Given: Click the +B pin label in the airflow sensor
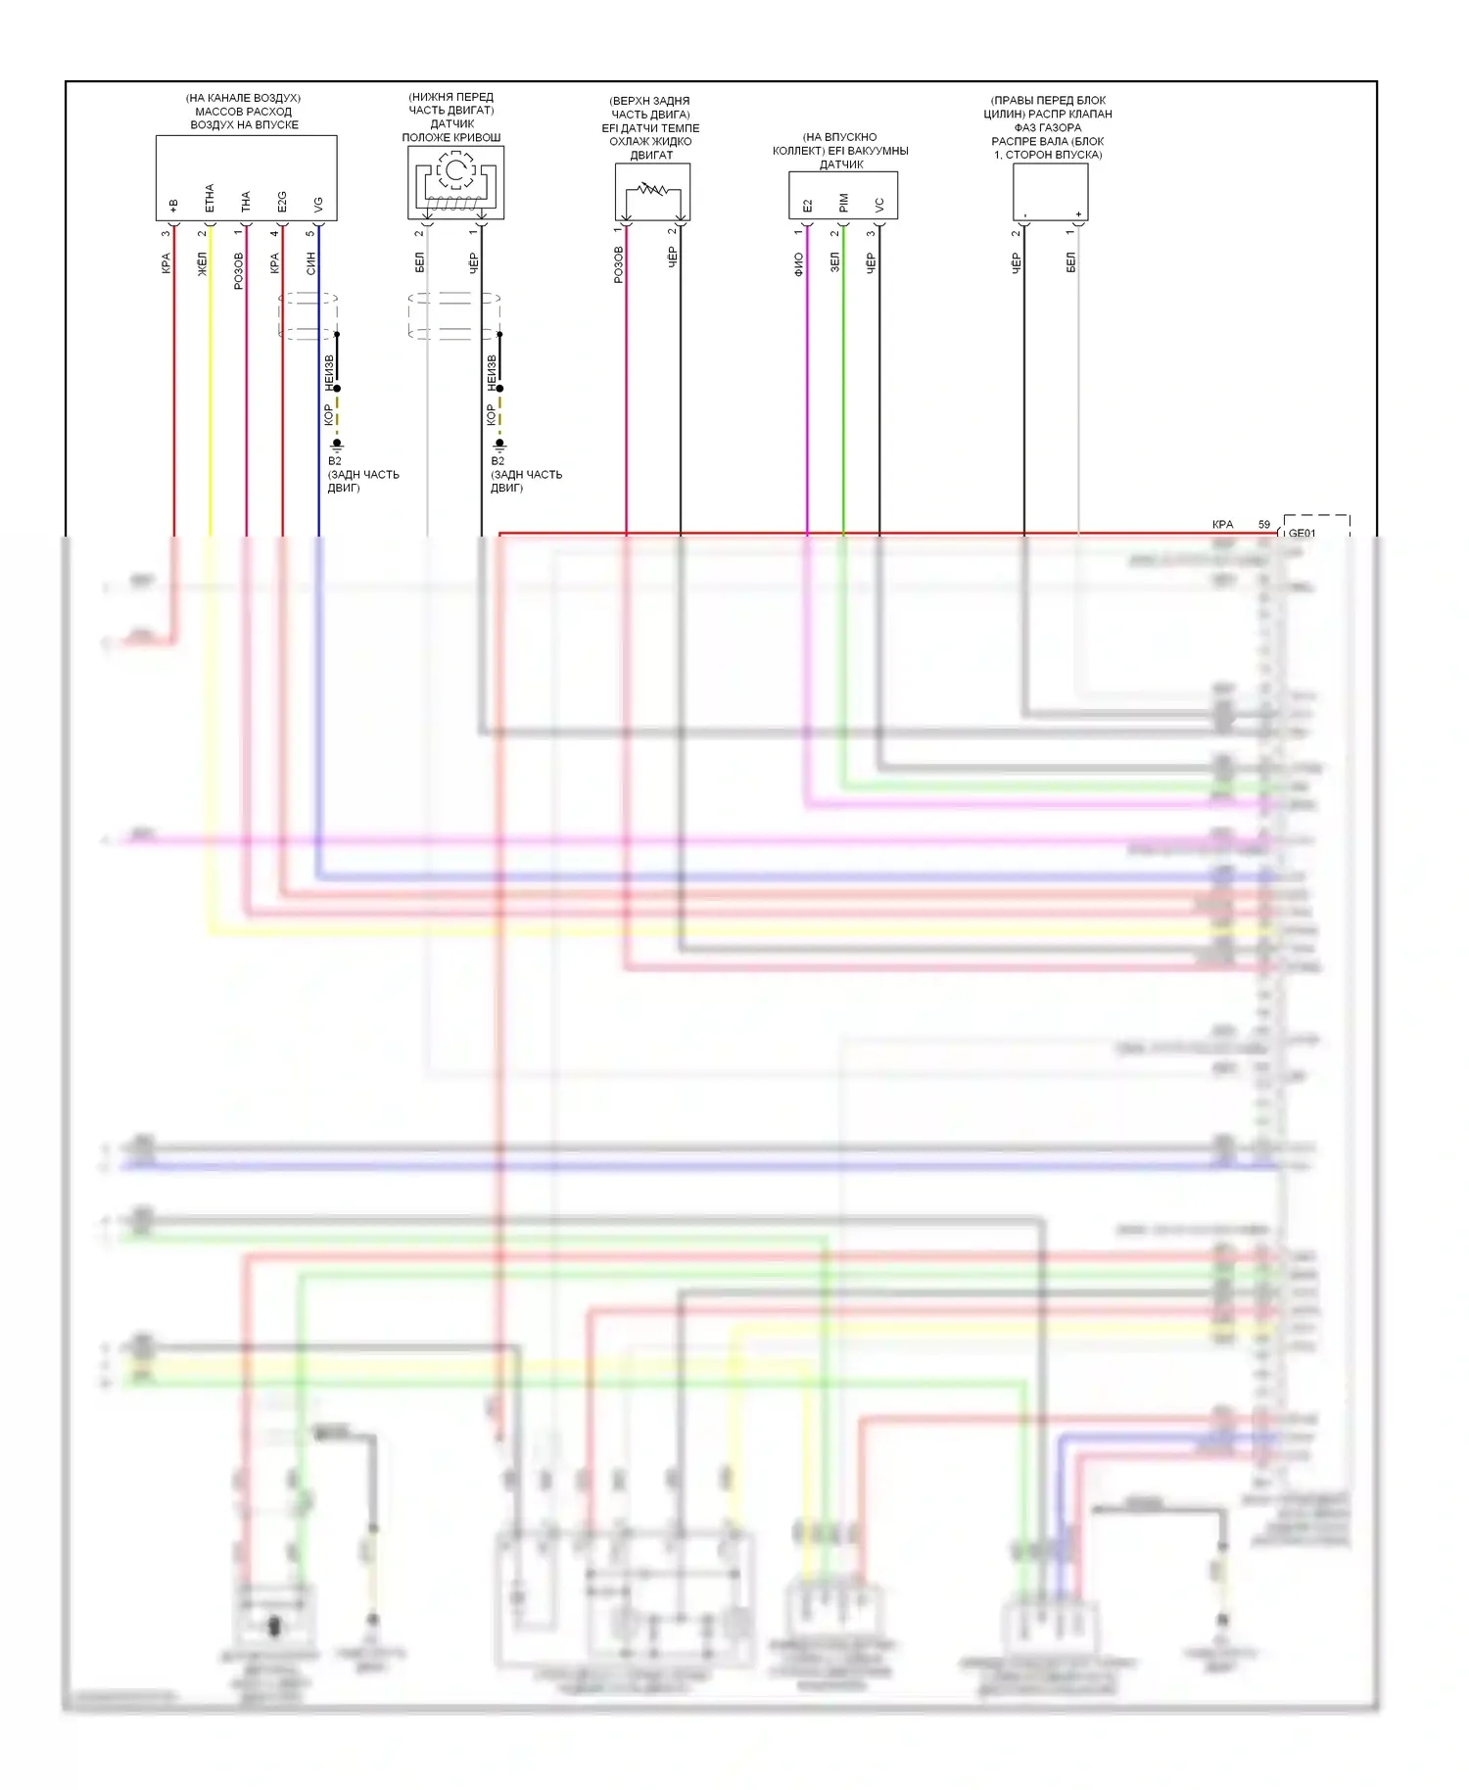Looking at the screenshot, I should point(173,206).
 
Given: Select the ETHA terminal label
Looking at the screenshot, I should point(210,199).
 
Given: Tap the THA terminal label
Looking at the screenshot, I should point(246,202).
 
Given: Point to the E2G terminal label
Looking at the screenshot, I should point(282,202).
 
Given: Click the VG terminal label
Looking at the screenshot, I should point(318,205).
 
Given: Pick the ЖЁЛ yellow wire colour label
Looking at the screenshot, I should point(204,264).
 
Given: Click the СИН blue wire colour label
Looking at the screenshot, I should point(311,262).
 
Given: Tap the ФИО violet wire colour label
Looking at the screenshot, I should point(799,264).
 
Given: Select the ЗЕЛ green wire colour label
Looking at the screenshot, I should point(835,262).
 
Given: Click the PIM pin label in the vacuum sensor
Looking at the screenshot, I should point(843,204).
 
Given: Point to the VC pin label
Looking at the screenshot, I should point(879,205).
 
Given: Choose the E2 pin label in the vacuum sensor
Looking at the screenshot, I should point(807,206).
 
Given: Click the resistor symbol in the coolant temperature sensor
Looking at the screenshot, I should point(651,189).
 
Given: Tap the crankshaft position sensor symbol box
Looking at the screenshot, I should point(455,182).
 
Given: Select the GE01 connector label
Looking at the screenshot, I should point(1303,534).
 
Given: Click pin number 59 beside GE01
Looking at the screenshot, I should point(1264,525).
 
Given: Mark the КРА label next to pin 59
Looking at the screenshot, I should point(1222,525).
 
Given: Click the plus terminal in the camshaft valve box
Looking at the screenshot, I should point(1078,213).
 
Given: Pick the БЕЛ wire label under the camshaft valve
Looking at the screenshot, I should point(1071,262).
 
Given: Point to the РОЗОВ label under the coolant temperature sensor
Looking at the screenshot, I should point(619,265).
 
